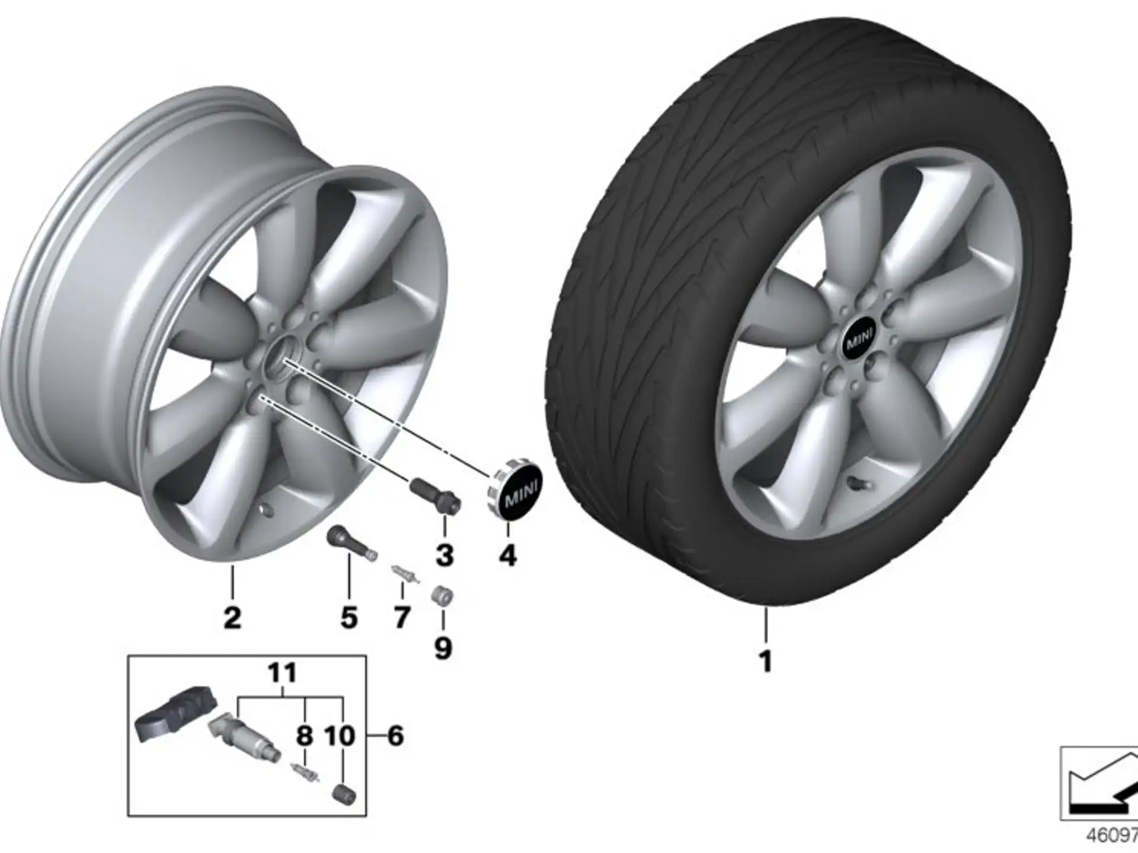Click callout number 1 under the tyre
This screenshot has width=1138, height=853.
tap(766, 661)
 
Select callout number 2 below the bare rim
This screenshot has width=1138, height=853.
tap(232, 618)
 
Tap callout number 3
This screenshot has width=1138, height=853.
tap(445, 555)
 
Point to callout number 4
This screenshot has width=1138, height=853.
tap(508, 556)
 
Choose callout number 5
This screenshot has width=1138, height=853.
tap(349, 618)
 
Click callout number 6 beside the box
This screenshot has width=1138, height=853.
tap(395, 736)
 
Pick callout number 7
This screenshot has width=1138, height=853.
tap(402, 618)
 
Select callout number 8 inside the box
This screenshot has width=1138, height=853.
tap(305, 736)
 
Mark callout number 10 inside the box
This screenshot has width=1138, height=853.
tap(340, 736)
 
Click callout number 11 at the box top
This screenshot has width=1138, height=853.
tap(282, 674)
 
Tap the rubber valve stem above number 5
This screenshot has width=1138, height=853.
tap(352, 543)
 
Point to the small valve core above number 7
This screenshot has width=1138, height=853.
tap(405, 574)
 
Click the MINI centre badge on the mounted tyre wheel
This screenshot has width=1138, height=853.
tap(859, 342)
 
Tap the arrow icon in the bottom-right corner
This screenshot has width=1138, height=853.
tap(1100, 783)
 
